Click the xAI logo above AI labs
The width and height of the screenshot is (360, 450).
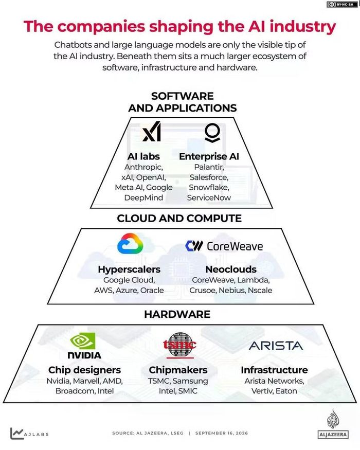coord(152,132)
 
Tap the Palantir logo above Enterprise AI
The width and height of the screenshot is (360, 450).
coord(212,133)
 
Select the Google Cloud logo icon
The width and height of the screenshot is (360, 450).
coord(130,243)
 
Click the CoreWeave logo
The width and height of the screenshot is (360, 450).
coord(224,246)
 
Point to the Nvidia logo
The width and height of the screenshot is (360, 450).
coord(84,346)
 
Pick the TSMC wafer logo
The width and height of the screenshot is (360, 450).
coord(179,345)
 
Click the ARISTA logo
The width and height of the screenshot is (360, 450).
coord(276,346)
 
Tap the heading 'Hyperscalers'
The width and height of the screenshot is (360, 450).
coord(129,269)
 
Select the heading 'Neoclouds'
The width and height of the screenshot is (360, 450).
coord(231,269)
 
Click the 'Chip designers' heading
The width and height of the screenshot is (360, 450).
coord(84,370)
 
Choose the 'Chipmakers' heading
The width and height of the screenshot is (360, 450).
coord(178,370)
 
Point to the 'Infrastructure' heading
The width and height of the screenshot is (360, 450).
coord(274,370)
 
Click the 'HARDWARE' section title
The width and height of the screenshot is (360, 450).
coord(177,314)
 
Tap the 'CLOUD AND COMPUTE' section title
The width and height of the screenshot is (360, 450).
coord(179,219)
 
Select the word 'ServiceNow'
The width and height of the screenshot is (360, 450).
coord(209,197)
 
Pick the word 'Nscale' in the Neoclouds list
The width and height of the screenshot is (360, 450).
coord(260,290)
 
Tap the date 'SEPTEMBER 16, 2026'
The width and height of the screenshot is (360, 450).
coord(221,433)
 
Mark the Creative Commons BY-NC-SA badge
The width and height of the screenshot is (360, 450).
coord(341,4)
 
